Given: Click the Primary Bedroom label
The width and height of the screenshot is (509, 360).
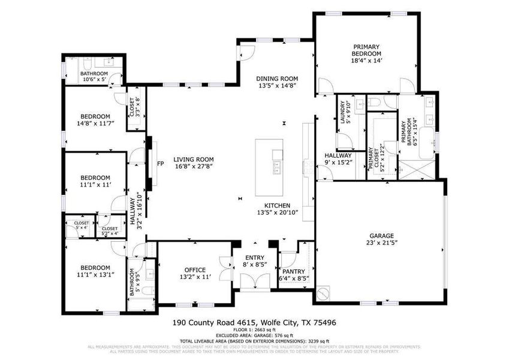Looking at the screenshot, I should point(366,50).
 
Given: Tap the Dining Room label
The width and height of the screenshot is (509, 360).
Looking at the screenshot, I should point(276,79).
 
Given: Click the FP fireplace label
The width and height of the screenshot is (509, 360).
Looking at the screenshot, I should point(160,163).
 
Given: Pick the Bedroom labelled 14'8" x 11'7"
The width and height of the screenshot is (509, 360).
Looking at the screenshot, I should point(95,116).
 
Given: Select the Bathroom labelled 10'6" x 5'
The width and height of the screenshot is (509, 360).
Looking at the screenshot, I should point(93,74).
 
